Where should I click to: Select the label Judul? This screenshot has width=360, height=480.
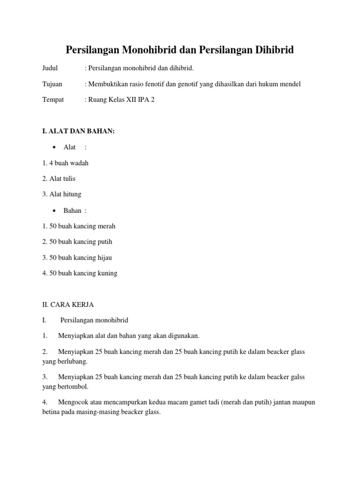50,68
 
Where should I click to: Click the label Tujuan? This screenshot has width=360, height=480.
52,84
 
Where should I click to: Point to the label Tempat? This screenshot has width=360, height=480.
53,100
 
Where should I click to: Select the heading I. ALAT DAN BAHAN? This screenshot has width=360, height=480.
78,131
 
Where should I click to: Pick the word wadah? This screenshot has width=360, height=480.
79,163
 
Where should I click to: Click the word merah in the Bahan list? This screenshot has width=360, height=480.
106,226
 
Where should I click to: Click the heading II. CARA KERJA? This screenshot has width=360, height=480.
68,305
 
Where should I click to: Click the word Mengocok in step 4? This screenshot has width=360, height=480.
74,402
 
